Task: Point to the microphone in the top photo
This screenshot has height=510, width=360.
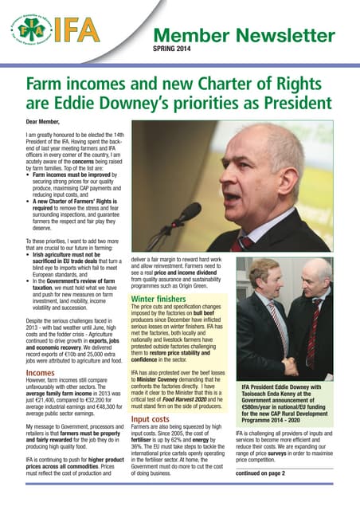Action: [x=181, y=215]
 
